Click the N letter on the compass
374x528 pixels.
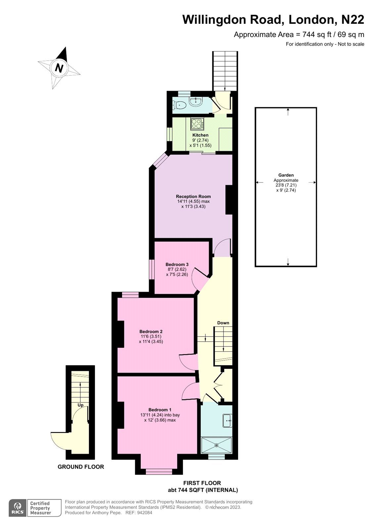click(x=59, y=68)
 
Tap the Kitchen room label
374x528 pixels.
click(x=200, y=135)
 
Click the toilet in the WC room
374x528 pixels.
click(x=180, y=104)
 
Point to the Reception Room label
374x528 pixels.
click(x=193, y=196)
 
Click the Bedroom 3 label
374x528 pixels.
click(x=177, y=264)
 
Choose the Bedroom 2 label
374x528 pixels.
click(x=151, y=331)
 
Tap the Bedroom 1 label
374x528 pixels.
click(x=160, y=410)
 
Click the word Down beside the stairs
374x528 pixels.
click(x=223, y=323)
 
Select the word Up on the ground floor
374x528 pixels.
click(x=81, y=405)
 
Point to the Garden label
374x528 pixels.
click(x=286, y=175)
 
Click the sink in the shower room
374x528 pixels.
click(x=227, y=420)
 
